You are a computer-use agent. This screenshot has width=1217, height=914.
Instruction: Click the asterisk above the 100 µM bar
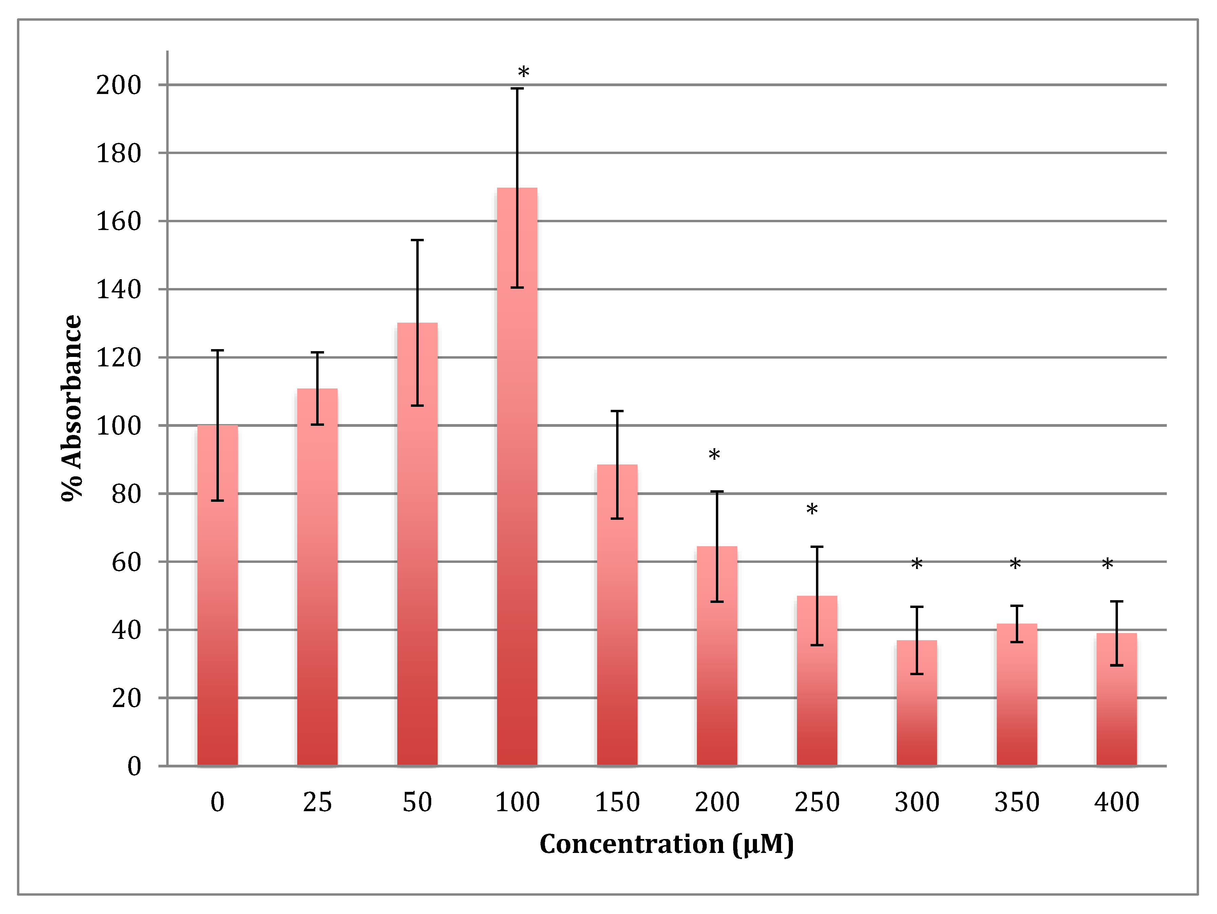pyautogui.click(x=523, y=73)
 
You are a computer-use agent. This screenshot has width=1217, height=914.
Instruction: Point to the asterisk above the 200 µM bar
pyautogui.click(x=714, y=455)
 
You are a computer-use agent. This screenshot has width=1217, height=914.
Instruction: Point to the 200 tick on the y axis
pyautogui.click(x=118, y=85)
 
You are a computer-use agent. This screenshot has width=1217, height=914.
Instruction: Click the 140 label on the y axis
pyautogui.click(x=118, y=289)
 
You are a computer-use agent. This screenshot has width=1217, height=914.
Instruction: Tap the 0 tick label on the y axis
pyautogui.click(x=134, y=766)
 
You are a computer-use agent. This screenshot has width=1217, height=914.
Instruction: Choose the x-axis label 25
pyautogui.click(x=318, y=802)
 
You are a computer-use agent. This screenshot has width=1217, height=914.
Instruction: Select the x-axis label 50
pyautogui.click(x=417, y=802)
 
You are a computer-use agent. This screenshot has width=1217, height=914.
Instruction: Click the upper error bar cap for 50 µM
pyautogui.click(x=417, y=241)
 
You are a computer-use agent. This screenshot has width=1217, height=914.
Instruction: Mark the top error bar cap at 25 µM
pyautogui.click(x=318, y=352)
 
